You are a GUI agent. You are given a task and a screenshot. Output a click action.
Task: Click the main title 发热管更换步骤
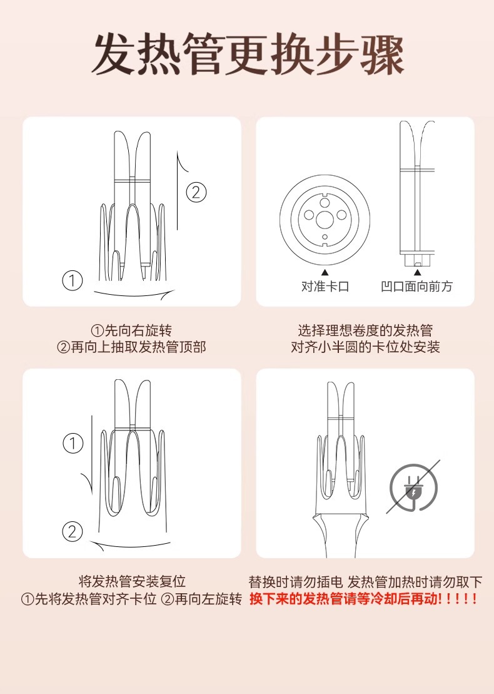click(247, 54)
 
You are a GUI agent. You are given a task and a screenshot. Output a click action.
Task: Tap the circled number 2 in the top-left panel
click(196, 192)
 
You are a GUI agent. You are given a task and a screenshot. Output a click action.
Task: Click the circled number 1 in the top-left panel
click(72, 280)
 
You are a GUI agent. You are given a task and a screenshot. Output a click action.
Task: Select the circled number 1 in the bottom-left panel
click(73, 443)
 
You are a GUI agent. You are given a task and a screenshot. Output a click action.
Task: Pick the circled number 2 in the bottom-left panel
click(72, 531)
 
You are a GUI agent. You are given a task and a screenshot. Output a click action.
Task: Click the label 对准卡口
click(325, 287)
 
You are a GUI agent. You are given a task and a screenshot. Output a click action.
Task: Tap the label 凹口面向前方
click(416, 287)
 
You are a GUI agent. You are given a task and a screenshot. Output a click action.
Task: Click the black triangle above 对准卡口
click(325, 273)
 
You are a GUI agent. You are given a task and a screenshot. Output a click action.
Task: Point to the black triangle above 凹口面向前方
click(416, 273)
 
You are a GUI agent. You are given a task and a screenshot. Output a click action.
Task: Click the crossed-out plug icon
click(414, 487)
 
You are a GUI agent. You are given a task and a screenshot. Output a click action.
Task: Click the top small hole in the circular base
click(325, 203)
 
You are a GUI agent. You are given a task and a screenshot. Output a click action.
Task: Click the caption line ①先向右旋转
click(131, 330)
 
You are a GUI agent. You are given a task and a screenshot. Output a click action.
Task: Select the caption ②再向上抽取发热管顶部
click(131, 347)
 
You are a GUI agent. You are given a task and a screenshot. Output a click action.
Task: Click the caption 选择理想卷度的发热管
click(365, 330)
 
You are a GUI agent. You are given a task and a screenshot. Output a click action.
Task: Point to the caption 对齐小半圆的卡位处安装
click(365, 347)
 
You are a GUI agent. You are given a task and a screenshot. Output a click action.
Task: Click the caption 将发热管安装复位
click(132, 581)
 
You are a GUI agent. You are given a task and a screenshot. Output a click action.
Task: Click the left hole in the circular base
click(309, 215)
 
